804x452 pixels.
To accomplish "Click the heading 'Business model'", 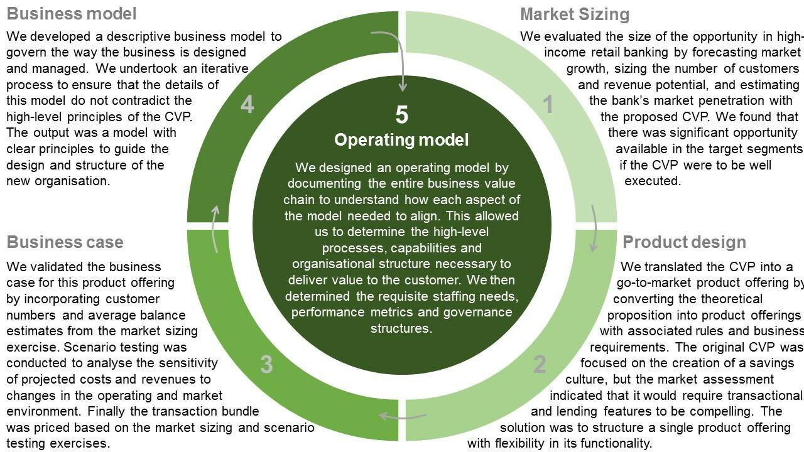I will point(72,13).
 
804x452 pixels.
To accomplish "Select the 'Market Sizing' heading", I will point(575,14).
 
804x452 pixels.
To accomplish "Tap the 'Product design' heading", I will point(684,242).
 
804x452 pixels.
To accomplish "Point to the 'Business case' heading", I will point(65,242).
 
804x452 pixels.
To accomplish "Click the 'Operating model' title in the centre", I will point(401,139).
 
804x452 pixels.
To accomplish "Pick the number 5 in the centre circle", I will point(401,115).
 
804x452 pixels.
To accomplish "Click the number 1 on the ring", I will point(548,105).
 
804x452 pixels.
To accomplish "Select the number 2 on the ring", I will point(540,365).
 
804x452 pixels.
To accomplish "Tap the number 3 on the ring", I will point(266,364).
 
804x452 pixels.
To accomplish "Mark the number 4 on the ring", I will point(247,105).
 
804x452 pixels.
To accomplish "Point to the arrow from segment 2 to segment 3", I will point(403,416).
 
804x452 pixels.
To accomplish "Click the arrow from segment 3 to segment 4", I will point(215,229).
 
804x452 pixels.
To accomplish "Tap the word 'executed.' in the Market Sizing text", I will point(653,181).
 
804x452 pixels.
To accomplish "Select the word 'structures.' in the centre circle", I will point(401,328).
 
